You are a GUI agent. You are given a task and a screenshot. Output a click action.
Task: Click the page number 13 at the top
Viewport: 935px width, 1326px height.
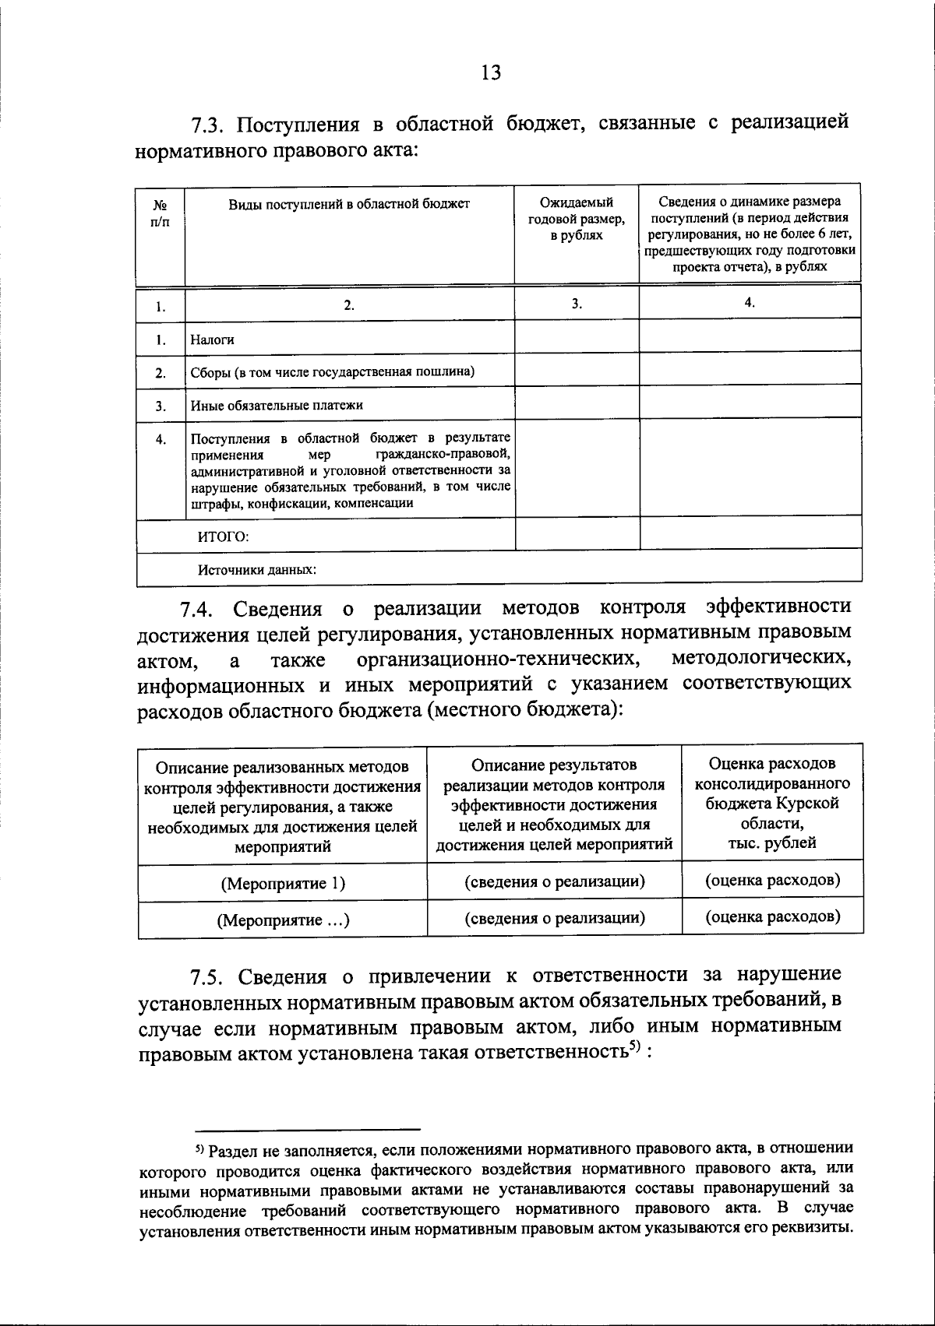pos(491,73)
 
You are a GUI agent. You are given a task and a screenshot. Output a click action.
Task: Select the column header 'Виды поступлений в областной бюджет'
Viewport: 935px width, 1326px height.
pos(349,204)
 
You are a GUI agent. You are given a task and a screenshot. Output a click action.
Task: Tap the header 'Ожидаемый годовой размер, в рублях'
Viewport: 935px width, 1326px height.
pos(576,219)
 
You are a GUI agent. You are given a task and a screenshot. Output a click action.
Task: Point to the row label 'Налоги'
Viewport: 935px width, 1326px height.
pos(213,339)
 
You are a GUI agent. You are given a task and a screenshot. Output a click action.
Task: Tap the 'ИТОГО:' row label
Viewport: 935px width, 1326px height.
pos(222,536)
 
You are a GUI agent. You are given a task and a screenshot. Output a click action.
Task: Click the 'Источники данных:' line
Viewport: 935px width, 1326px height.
pos(256,569)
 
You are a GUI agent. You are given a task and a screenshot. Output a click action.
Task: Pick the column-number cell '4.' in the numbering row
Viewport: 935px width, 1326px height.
pos(750,303)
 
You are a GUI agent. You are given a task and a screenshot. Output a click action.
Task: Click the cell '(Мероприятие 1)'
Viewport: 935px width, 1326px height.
pos(283,884)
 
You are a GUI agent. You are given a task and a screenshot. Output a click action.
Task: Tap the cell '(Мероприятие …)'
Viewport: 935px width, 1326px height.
pos(283,920)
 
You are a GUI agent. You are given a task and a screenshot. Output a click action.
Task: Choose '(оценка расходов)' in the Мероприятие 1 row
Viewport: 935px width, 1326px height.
pos(772,881)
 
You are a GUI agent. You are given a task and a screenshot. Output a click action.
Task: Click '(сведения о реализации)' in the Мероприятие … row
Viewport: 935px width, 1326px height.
pos(555,918)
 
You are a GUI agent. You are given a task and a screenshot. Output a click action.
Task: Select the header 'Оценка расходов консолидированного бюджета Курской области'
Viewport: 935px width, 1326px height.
pos(772,802)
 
